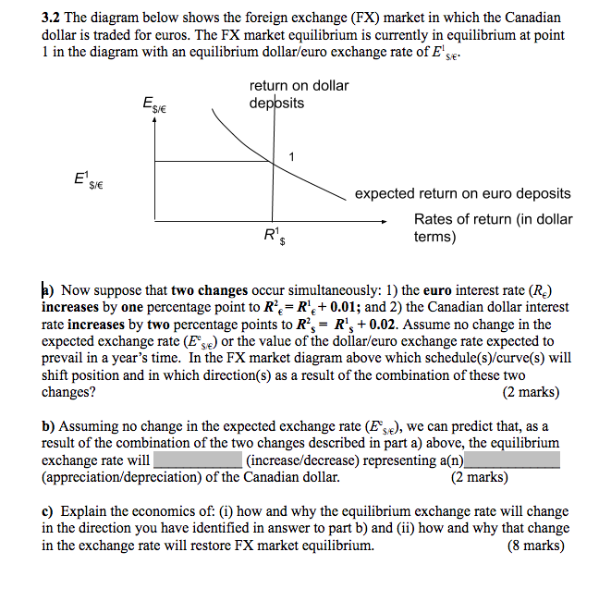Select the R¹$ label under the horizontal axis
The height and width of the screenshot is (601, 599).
tap(275, 238)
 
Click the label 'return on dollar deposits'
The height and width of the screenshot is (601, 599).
tap(299, 94)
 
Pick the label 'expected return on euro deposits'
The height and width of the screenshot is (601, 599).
tap(462, 194)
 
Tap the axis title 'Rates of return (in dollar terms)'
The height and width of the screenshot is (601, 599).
tap(493, 227)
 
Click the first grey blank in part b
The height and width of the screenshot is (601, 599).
tap(198, 460)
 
